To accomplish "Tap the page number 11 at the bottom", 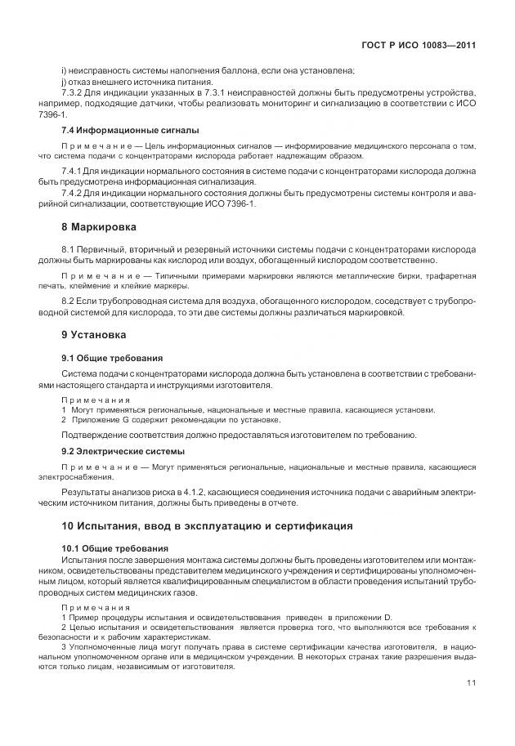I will [472, 684].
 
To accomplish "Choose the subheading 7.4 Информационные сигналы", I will [131, 130].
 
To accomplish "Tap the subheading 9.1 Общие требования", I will [112, 357].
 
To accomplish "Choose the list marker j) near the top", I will [64, 82].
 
